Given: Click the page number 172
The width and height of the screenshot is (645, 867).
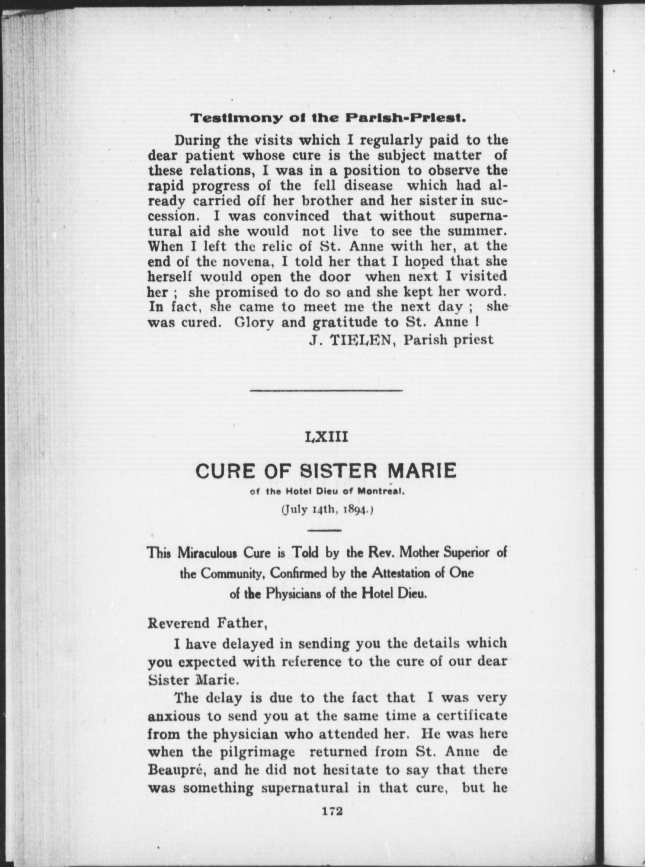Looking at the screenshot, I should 332,811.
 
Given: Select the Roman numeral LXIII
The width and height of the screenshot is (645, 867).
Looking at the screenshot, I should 327,437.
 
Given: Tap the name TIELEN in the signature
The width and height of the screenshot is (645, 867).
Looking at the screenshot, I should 364,340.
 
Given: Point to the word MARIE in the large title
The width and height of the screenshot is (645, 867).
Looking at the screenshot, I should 421,471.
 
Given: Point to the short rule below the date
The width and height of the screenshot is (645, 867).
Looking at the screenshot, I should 324,530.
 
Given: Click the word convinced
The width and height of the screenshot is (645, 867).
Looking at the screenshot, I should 296,216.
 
